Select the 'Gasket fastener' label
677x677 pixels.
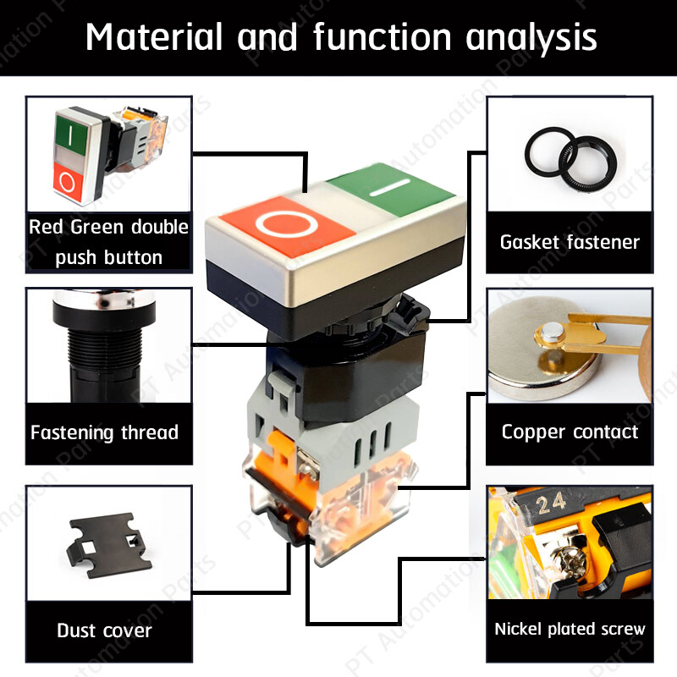click(570, 242)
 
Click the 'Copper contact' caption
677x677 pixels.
click(570, 432)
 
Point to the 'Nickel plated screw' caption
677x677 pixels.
click(570, 629)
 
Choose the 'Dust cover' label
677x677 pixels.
click(104, 630)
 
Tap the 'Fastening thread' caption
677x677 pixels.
click(104, 432)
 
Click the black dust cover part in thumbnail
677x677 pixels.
click(105, 542)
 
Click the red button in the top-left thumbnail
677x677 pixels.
click(69, 179)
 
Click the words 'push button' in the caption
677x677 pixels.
click(108, 256)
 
